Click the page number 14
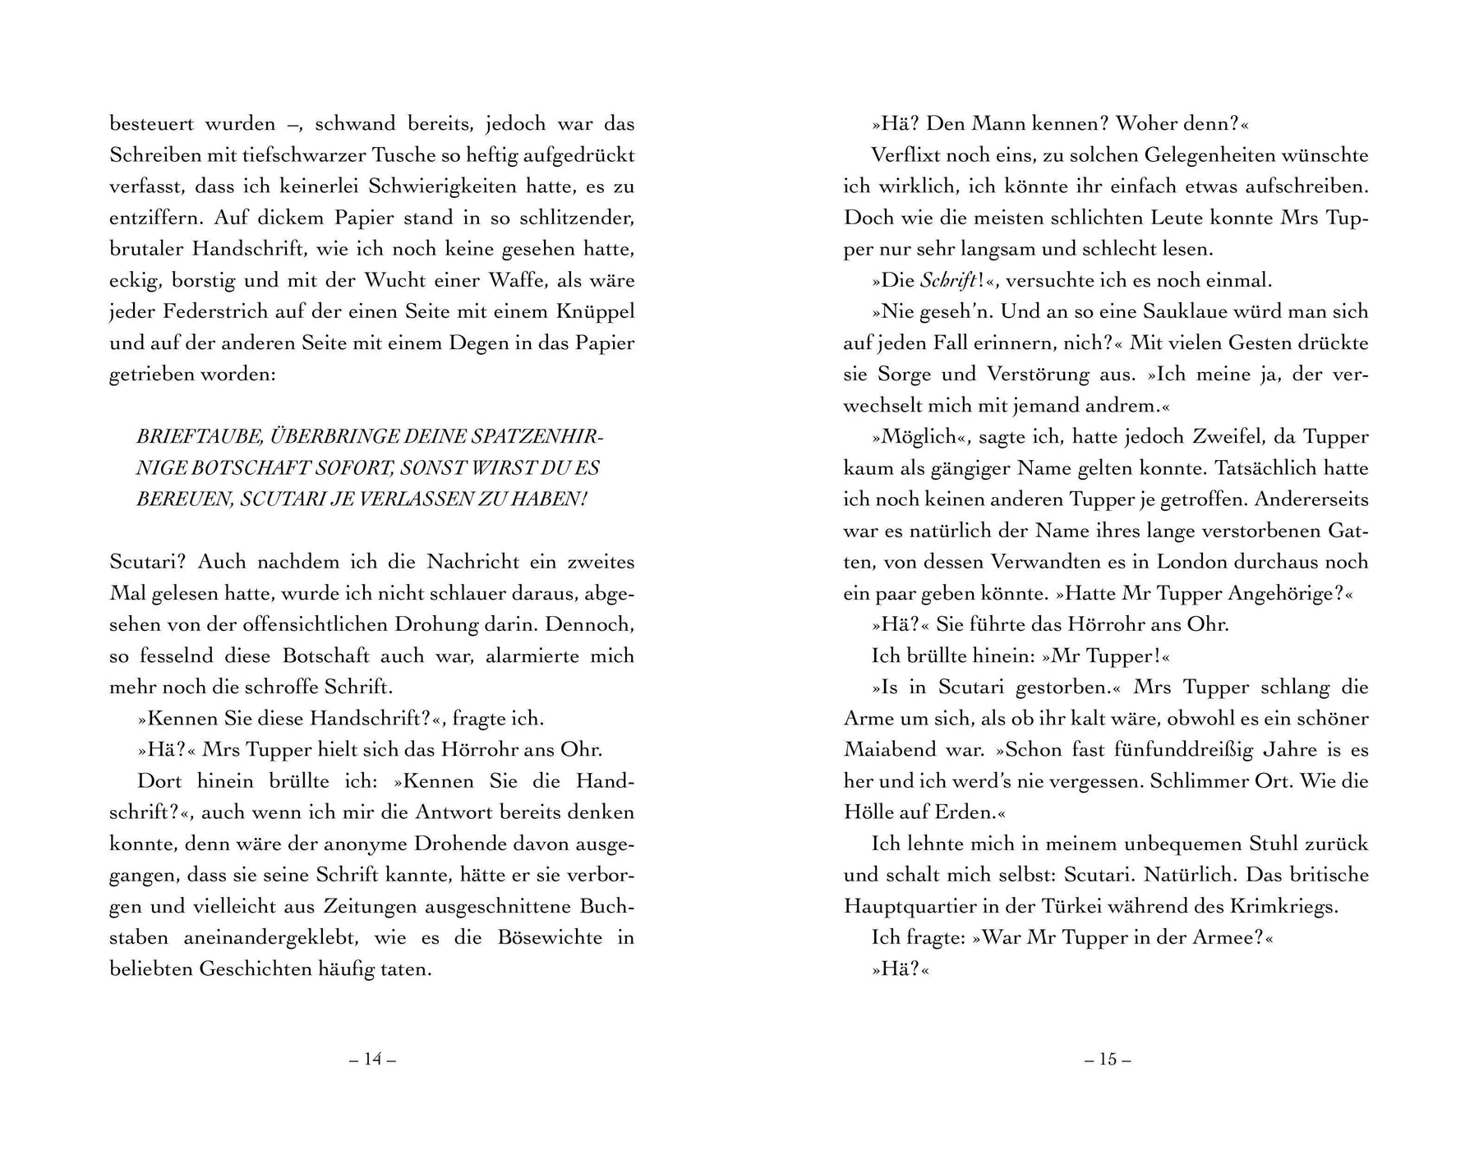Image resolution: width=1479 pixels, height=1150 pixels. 373,1059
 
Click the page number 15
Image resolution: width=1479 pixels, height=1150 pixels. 1108,1059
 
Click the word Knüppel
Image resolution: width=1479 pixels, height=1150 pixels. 596,311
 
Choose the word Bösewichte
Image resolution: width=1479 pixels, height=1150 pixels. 550,937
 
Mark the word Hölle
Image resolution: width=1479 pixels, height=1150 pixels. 869,812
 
